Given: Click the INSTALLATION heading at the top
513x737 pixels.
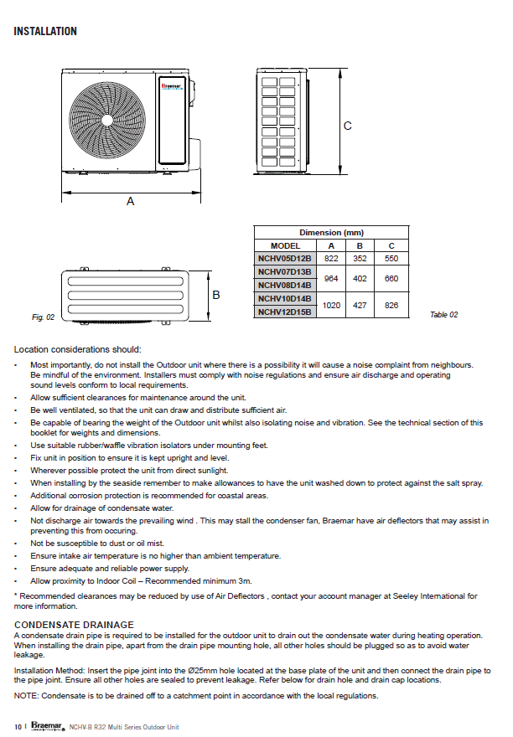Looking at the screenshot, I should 45,32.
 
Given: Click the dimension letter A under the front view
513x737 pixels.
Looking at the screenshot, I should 130,201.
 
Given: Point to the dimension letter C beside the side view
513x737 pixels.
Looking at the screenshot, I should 347,126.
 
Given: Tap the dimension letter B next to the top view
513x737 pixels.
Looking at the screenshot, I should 216,295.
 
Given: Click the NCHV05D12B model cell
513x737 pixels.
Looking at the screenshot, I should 285,258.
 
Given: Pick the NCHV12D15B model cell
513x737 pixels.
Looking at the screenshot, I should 285,312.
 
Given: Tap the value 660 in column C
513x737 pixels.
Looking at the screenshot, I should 391,278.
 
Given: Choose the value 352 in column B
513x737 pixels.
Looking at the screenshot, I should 360,258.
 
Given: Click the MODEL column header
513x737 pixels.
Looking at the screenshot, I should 285,245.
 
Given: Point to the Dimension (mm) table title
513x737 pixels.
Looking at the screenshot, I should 331,232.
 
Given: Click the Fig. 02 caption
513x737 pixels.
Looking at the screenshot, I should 43,317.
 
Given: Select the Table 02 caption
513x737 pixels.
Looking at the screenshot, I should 443,314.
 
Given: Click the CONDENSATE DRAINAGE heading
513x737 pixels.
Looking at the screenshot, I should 74,625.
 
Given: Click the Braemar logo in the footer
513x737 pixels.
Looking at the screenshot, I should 47,726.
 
